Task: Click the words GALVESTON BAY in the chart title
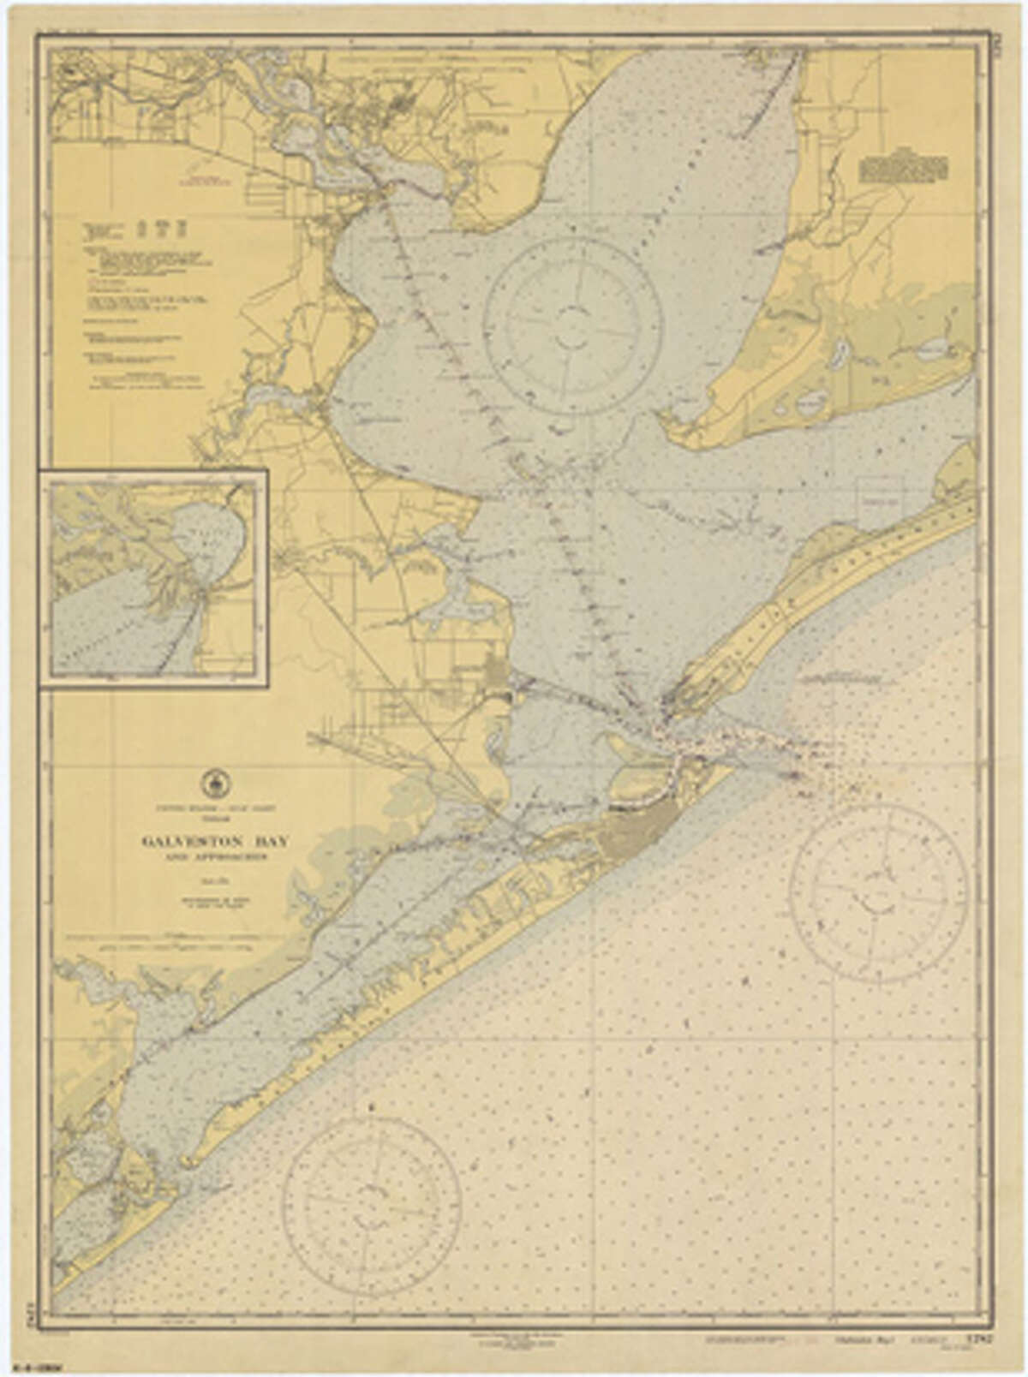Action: click(x=215, y=841)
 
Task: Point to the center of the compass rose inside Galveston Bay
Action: click(x=572, y=326)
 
